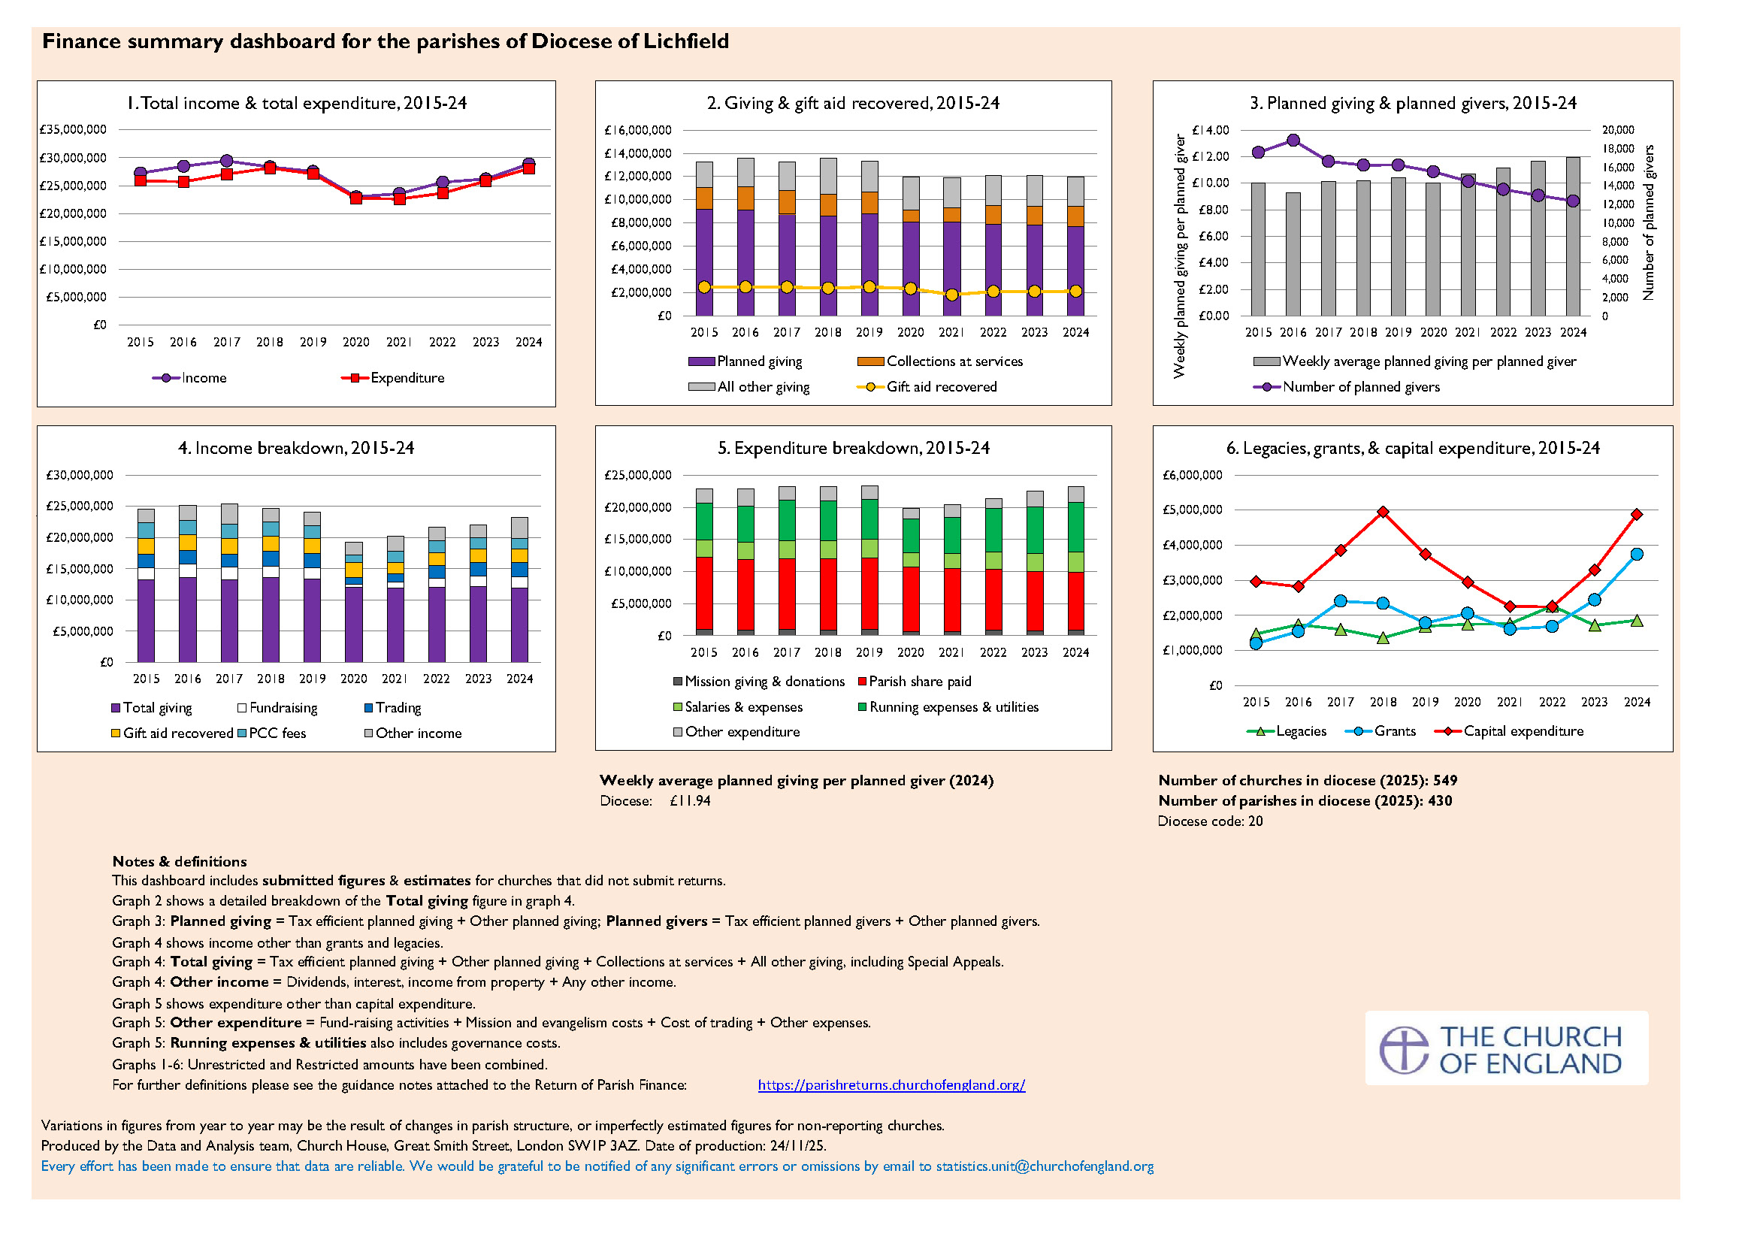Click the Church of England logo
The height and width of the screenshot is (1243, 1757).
coord(1505,1049)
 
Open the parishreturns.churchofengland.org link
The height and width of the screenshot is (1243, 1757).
coord(891,1084)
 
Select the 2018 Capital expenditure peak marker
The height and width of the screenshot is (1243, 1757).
coord(1383,512)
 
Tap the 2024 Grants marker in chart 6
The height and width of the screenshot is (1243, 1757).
coord(1636,554)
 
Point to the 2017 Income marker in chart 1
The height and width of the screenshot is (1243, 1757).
coord(226,161)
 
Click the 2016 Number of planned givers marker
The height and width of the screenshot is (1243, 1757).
coord(1293,140)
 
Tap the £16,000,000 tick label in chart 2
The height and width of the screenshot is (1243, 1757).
coord(637,130)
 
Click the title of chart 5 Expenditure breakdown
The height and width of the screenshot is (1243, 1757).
coord(853,449)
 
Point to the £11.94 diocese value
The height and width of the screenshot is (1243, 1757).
coord(689,801)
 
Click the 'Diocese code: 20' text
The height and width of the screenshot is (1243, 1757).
coord(1210,821)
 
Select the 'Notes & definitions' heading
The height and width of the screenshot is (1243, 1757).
coord(179,862)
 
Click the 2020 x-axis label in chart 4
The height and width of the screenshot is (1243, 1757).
coord(353,679)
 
